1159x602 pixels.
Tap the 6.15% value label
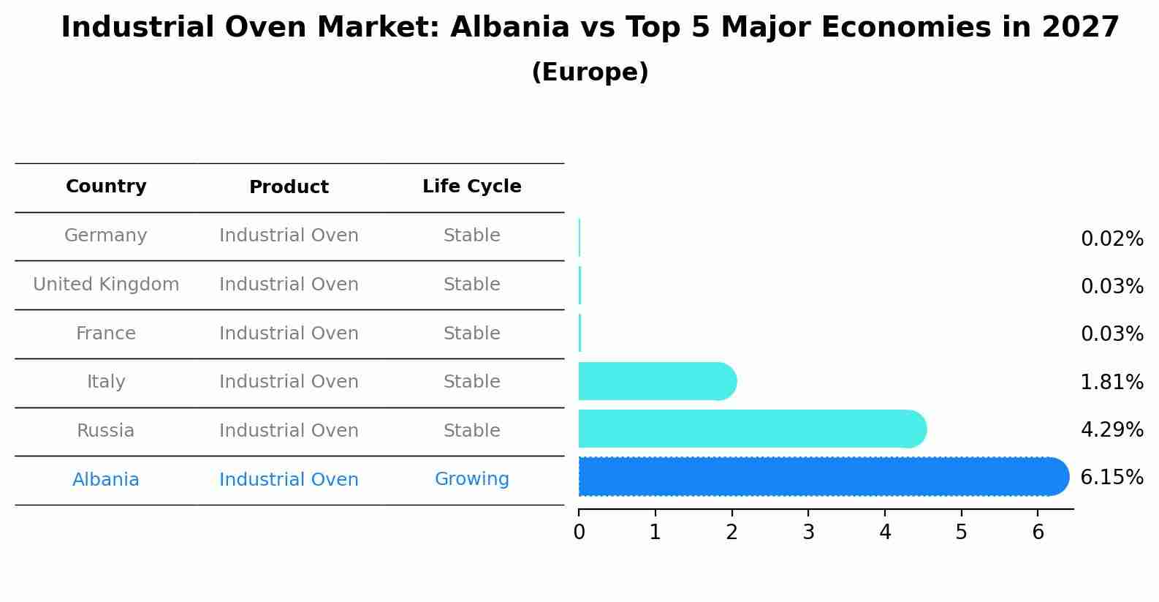(x=1111, y=478)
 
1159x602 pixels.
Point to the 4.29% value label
(x=1111, y=430)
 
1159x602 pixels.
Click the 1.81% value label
(x=1111, y=382)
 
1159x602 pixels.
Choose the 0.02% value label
(x=1111, y=239)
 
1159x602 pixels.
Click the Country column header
(x=106, y=187)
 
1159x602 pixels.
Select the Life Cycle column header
(x=471, y=187)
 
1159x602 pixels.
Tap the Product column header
(x=289, y=187)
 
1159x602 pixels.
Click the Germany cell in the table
(x=106, y=236)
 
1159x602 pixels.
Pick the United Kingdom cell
(x=106, y=285)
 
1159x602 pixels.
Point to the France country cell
(x=106, y=334)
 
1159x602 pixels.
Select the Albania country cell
(x=106, y=480)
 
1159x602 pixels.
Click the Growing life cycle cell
(x=471, y=479)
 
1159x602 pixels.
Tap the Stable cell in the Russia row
(x=471, y=431)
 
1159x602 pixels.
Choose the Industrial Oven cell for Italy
(x=289, y=382)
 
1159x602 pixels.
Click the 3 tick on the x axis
(x=808, y=533)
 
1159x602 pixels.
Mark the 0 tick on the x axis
(x=579, y=533)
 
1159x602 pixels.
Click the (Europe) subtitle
(x=590, y=72)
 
